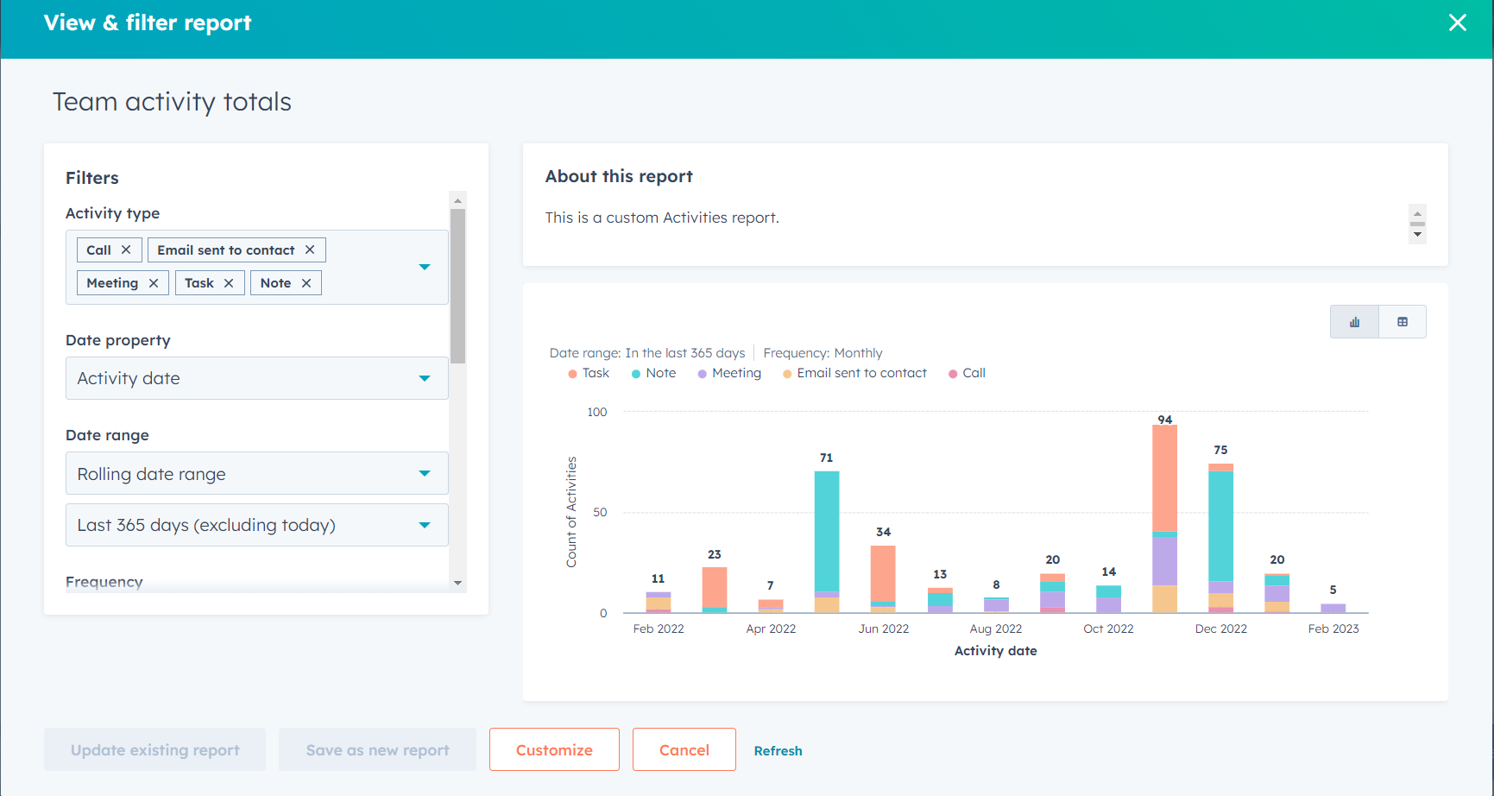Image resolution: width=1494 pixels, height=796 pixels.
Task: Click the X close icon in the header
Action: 1457,23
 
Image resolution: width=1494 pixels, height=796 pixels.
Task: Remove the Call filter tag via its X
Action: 126,250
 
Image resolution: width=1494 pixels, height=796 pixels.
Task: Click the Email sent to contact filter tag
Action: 225,250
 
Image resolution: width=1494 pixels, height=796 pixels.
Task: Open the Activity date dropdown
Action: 256,378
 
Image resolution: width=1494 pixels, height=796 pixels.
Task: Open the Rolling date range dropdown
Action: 256,474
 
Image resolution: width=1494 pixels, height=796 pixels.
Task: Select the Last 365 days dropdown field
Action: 256,525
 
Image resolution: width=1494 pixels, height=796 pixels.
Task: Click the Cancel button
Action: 684,749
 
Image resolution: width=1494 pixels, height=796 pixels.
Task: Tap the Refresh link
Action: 778,751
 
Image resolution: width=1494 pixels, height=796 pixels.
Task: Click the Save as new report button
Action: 377,749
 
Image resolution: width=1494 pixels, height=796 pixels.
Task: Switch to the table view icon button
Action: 1402,322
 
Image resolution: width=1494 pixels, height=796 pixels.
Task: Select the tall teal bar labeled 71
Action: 827,531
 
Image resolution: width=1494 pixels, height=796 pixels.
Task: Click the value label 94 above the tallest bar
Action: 1164,420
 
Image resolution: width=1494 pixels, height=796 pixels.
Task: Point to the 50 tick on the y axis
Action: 599,512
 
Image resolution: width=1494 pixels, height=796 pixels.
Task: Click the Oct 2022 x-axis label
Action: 1108,629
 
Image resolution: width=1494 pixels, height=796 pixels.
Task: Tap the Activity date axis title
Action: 995,651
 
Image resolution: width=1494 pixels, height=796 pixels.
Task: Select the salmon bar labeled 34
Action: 883,573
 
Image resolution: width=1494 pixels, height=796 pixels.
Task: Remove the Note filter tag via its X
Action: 306,283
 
